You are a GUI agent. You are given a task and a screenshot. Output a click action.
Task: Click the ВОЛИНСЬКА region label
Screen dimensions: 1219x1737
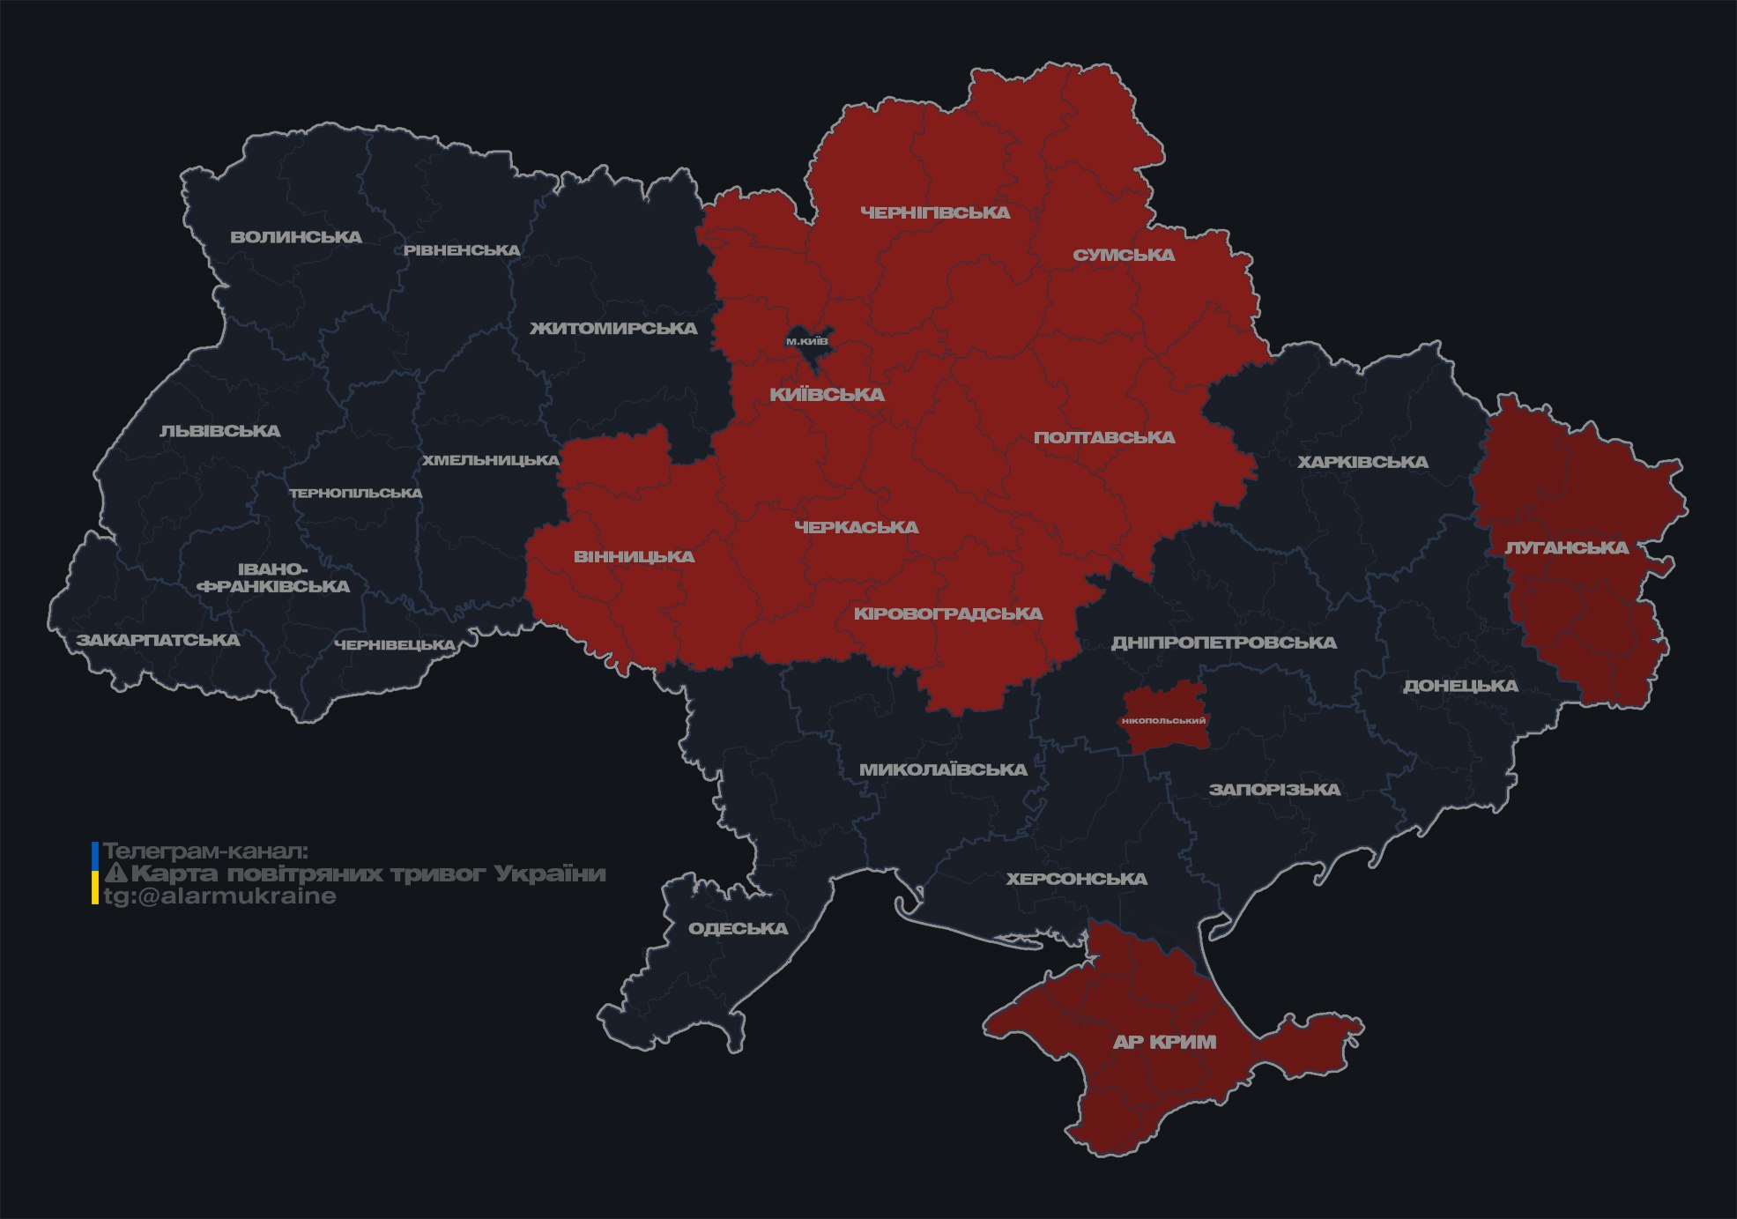[295, 237]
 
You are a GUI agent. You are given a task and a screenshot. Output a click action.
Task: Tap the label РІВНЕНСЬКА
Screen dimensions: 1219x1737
[462, 250]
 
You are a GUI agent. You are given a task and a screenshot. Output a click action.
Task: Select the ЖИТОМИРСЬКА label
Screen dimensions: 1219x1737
[613, 329]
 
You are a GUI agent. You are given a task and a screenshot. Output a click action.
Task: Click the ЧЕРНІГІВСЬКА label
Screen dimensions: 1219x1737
[935, 212]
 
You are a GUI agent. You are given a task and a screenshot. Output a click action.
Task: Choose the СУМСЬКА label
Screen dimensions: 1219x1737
[1124, 256]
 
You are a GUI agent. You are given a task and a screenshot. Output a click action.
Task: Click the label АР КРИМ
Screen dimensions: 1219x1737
[1164, 1042]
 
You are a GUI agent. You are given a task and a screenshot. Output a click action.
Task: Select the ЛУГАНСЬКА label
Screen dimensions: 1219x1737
[1566, 547]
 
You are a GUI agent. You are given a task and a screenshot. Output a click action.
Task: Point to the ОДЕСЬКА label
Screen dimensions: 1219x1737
[738, 928]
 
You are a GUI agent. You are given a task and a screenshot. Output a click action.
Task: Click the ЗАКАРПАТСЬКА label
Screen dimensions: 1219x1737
[158, 640]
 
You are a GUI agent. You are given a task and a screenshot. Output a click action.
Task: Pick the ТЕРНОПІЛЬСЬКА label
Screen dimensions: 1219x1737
[356, 493]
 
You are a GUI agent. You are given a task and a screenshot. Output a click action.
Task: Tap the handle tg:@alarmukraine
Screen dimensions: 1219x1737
[220, 896]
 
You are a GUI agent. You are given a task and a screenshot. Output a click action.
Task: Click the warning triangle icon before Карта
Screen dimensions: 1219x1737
[115, 873]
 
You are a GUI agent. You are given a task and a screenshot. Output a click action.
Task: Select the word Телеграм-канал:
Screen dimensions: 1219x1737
[205, 851]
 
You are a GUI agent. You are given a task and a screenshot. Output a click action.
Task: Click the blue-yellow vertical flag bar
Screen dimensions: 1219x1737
[95, 873]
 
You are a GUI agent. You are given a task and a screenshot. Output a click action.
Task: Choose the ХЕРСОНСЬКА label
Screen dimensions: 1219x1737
[1076, 879]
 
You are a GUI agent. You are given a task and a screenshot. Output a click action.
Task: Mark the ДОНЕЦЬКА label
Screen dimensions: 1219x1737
[1460, 686]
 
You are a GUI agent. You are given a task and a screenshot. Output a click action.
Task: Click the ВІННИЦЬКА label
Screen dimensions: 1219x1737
[634, 557]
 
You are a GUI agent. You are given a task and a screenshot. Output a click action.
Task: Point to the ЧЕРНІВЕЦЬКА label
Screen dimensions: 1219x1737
[394, 645]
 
